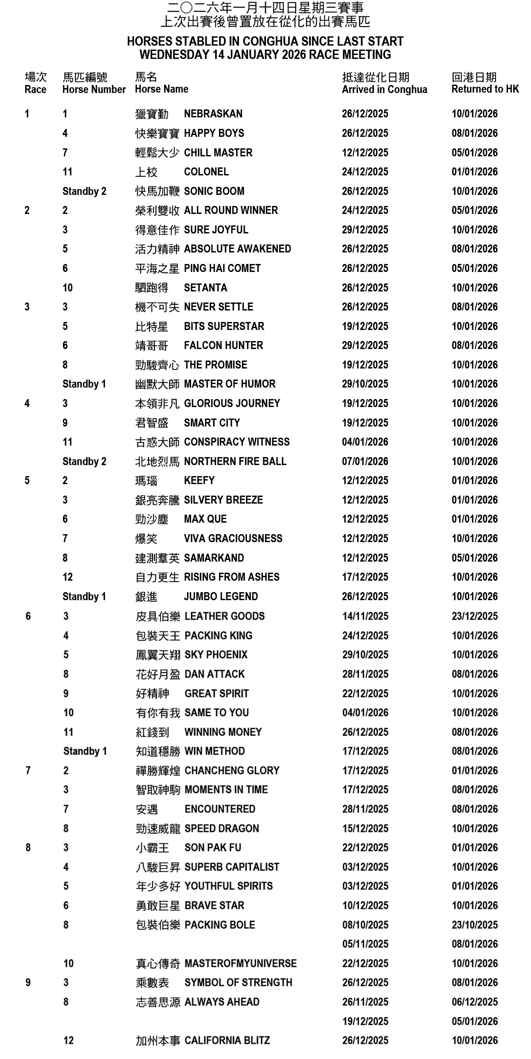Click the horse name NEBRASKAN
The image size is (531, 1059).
tap(213, 114)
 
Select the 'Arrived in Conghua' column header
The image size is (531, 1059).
tap(384, 89)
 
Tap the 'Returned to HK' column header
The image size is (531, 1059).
tap(485, 89)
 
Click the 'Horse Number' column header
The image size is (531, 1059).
tap(94, 89)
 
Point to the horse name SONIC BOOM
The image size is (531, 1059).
tap(214, 191)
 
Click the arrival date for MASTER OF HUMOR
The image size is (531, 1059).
tap(365, 384)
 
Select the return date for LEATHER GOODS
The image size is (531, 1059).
tap(474, 616)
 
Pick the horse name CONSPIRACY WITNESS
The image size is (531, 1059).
tap(237, 442)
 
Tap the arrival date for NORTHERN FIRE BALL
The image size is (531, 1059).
tap(365, 462)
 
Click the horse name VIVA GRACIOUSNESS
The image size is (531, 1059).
tap(233, 539)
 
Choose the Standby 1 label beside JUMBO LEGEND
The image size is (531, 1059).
tap(84, 597)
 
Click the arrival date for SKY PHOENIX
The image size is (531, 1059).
tap(365, 655)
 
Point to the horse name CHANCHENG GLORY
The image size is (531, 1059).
tap(232, 771)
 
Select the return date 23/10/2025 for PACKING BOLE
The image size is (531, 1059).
tap(474, 925)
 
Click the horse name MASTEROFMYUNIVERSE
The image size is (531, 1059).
tap(240, 963)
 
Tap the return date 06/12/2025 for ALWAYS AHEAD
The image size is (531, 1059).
tap(474, 1002)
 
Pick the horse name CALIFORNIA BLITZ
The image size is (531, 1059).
tap(227, 1040)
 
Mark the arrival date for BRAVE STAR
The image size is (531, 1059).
tap(365, 905)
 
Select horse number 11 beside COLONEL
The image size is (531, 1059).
tap(67, 172)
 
